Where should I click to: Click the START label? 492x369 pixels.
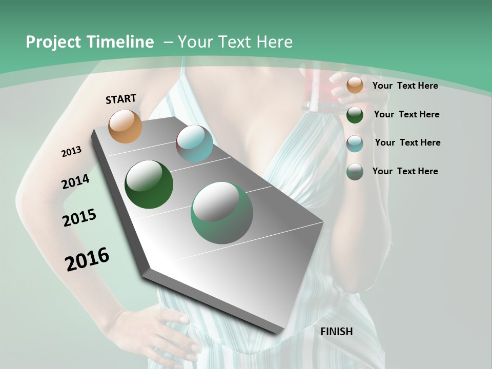pyautogui.click(x=121, y=99)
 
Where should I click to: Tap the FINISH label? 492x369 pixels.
pyautogui.click(x=337, y=332)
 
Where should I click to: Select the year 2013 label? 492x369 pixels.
pyautogui.click(x=71, y=152)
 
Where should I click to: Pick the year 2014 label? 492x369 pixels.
pyautogui.click(x=75, y=182)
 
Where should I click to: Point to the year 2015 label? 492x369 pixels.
pyautogui.click(x=79, y=218)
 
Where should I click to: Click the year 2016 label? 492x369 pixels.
pyautogui.click(x=87, y=259)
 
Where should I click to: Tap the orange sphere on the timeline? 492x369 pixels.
pyautogui.click(x=125, y=126)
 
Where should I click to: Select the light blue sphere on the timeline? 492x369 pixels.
pyautogui.click(x=194, y=143)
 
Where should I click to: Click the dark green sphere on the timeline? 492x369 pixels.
pyautogui.click(x=149, y=184)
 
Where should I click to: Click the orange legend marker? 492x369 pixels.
pyautogui.click(x=355, y=86)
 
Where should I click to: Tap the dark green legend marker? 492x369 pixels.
pyautogui.click(x=355, y=115)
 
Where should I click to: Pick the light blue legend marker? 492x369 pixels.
pyautogui.click(x=355, y=143)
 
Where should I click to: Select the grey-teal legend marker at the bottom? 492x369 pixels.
pyautogui.click(x=355, y=172)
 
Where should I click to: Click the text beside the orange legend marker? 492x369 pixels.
pyautogui.click(x=405, y=86)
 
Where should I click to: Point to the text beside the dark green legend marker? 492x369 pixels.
pyautogui.click(x=406, y=114)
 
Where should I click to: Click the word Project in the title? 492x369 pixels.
pyautogui.click(x=53, y=42)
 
